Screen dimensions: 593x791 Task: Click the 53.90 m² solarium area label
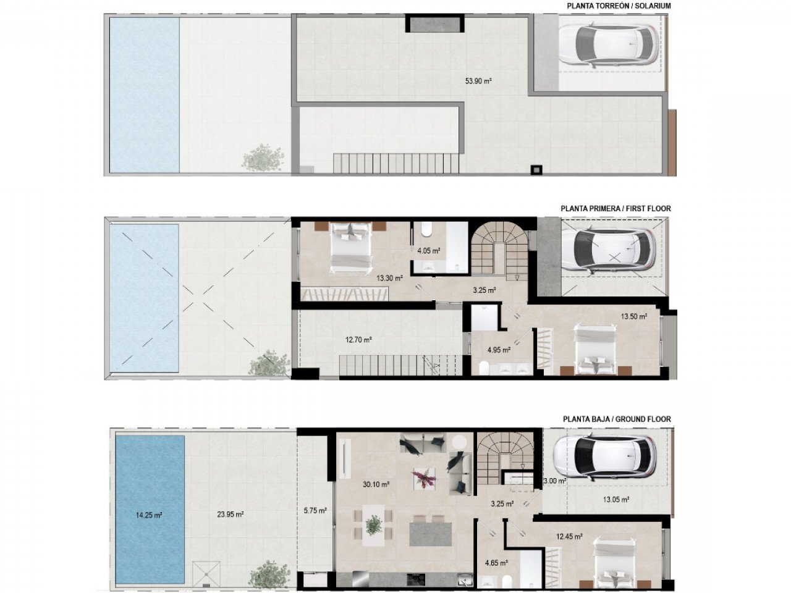478,80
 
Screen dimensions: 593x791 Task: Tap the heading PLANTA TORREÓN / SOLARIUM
619,6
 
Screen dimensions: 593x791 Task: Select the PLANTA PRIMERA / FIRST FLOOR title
615,209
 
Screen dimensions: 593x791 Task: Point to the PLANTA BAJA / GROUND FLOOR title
617,419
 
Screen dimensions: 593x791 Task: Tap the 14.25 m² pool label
148,515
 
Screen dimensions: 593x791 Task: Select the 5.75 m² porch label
315,510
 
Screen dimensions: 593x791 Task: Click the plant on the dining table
373,525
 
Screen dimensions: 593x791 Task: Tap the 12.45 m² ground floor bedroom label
569,537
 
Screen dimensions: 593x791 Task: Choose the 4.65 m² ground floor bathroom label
496,563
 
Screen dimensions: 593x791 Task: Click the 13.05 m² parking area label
616,500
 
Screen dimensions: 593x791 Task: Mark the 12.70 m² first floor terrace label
358,339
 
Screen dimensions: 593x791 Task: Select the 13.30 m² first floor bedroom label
389,278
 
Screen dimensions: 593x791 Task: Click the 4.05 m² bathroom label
428,251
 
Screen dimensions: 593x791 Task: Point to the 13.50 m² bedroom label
634,316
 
